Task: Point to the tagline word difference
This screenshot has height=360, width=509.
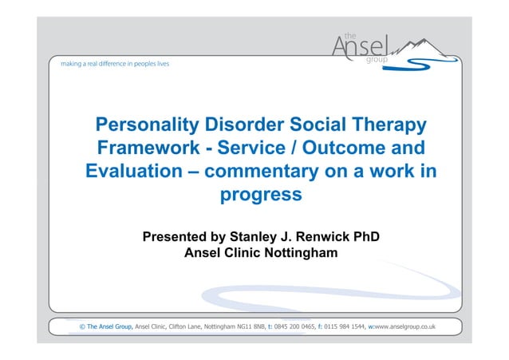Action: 104,61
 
